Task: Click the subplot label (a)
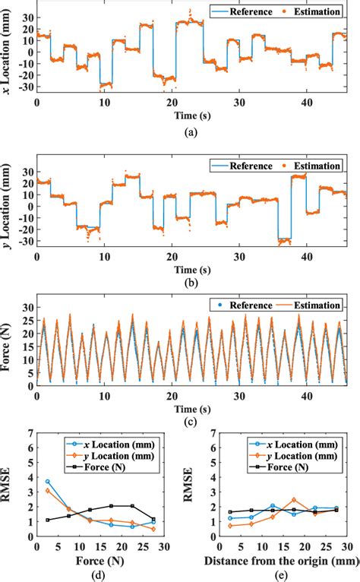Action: point(191,131)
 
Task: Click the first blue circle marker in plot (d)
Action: point(48,481)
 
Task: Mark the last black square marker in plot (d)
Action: point(153,519)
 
